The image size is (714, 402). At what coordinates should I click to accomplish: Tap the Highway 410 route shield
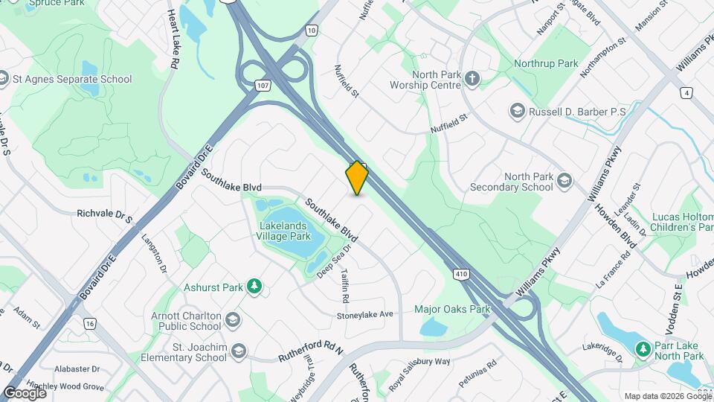click(461, 275)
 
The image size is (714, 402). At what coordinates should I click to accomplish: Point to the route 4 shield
click(686, 93)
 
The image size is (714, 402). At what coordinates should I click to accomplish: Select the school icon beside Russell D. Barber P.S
click(516, 112)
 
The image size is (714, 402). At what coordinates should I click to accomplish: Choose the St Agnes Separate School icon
click(4, 79)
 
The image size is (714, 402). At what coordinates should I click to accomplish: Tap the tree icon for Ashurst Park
click(254, 286)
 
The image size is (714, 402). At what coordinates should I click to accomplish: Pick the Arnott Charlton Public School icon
click(233, 320)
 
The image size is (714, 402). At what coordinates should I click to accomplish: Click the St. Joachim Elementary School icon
click(238, 351)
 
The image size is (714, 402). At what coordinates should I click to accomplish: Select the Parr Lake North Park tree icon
click(642, 348)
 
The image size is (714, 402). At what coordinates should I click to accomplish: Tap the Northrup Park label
click(546, 64)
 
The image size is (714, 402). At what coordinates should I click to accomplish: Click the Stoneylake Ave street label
click(364, 315)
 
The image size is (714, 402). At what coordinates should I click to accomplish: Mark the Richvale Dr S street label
click(104, 215)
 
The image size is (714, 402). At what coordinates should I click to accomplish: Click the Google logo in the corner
click(25, 392)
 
